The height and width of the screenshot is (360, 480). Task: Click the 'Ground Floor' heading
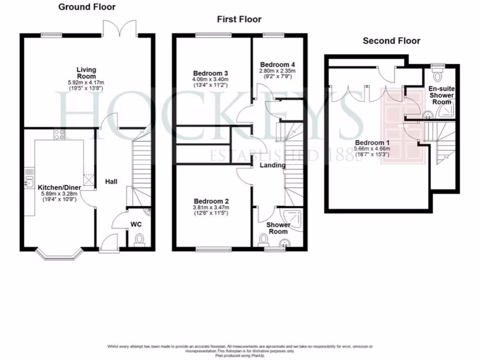click(87, 7)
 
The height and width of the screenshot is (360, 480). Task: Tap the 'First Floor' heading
click(239, 19)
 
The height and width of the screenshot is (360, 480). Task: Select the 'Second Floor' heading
click(391, 41)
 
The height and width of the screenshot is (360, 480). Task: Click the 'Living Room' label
click(86, 73)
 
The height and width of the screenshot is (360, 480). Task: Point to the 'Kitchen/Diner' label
click(60, 187)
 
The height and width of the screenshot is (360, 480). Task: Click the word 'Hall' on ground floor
click(111, 181)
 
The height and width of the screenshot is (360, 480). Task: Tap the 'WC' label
click(136, 225)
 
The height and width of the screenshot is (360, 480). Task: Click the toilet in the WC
click(139, 241)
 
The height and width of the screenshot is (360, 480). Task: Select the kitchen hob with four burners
click(60, 135)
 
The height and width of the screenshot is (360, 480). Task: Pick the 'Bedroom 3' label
click(210, 74)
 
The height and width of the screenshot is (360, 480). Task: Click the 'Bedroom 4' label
click(277, 64)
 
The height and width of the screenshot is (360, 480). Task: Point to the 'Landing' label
click(273, 165)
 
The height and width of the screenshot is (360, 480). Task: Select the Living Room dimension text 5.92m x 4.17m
click(86, 83)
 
